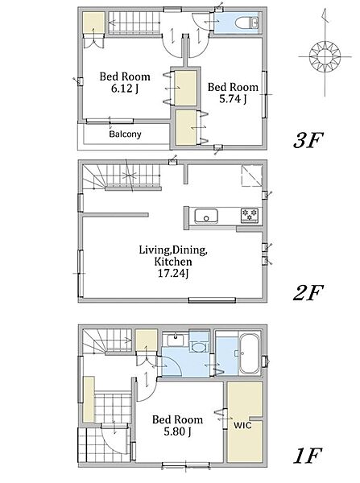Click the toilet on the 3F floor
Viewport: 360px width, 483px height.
(x=247, y=23)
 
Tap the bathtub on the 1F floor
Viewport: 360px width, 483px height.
(x=250, y=353)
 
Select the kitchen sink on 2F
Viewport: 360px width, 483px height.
(x=206, y=216)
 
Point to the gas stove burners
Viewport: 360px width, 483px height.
(x=250, y=215)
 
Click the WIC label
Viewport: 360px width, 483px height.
(x=242, y=425)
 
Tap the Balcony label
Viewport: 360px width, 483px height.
(x=125, y=134)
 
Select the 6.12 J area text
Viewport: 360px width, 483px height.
(x=125, y=89)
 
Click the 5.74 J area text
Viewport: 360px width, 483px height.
(x=233, y=99)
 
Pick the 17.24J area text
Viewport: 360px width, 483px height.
(x=173, y=273)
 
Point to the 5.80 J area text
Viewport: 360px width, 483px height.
(x=177, y=431)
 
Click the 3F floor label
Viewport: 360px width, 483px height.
(x=308, y=140)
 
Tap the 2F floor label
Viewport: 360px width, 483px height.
(x=308, y=292)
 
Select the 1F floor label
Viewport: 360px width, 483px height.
(x=308, y=456)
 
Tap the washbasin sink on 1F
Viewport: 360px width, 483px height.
(x=176, y=340)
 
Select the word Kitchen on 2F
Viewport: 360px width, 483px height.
(x=173, y=262)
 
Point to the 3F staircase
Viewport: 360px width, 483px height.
(x=134, y=23)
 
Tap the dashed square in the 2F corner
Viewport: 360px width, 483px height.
(x=251, y=175)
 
